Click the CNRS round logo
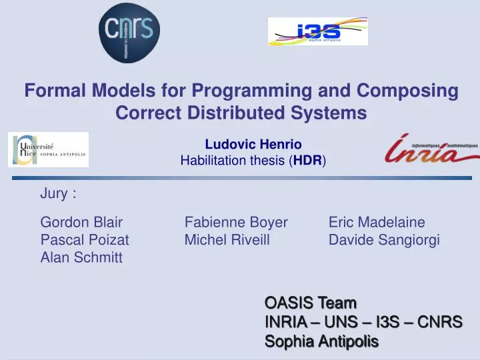(x=130, y=32)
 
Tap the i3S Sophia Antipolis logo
(x=317, y=31)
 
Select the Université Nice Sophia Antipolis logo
(x=48, y=150)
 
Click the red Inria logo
(x=431, y=150)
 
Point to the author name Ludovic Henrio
(x=253, y=144)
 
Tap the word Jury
(x=55, y=194)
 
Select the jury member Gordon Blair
(x=81, y=222)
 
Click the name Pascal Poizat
(x=85, y=240)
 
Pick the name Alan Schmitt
(x=81, y=258)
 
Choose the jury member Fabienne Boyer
(x=236, y=222)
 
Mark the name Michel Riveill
(x=227, y=240)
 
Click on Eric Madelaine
(x=377, y=222)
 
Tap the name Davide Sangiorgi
(x=384, y=240)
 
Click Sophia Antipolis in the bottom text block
(x=321, y=342)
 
